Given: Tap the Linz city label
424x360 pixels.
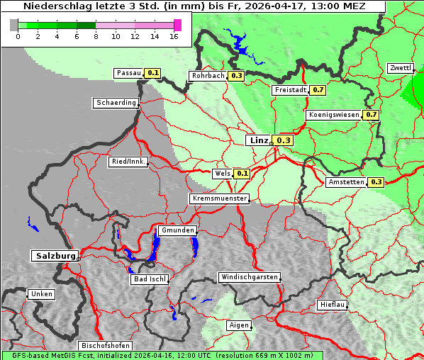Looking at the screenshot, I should tap(258, 140).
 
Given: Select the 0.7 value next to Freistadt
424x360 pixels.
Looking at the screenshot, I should tap(318, 90).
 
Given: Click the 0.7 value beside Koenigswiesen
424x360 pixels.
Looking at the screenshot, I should tap(371, 114).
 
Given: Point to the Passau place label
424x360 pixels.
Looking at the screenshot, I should tap(129, 73).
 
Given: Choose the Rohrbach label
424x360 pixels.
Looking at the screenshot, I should tap(207, 76).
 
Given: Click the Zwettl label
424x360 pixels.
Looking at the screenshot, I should tap(401, 68).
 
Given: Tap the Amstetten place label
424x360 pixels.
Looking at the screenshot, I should tap(347, 182).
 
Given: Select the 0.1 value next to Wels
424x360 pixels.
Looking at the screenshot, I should tap(242, 173).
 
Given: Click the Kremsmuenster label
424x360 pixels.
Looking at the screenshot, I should tap(220, 198).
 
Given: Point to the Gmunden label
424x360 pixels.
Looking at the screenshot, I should tap(177, 231).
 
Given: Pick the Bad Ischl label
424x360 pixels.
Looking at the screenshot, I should tap(150, 279).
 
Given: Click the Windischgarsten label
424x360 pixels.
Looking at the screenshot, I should tap(249, 277).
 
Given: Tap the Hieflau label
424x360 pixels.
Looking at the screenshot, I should tap(333, 305).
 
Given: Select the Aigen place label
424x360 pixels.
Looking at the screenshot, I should tap(239, 325).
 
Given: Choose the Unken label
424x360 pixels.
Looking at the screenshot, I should tap(41, 294).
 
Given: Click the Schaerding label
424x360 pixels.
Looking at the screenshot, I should tap(116, 103).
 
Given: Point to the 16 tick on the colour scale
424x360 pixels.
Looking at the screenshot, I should tap(174, 36).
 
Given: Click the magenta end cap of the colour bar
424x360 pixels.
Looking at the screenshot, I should tap(177, 25).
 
